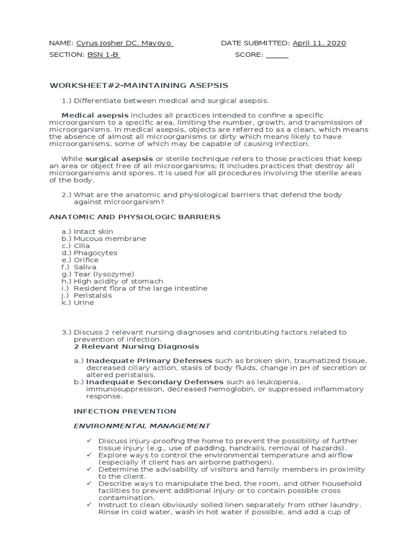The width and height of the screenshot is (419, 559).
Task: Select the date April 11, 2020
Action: pos(319,44)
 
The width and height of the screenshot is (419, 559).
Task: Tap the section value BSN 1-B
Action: pos(103,55)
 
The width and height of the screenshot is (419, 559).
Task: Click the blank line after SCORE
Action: pos(277,55)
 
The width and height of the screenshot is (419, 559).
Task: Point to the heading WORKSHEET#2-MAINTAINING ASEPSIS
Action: pos(139,86)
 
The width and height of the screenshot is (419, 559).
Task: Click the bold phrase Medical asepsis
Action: pos(95,116)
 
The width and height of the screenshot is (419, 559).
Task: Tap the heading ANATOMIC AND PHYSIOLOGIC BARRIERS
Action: pos(135,217)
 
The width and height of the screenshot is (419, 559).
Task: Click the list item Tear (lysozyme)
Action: pos(104,274)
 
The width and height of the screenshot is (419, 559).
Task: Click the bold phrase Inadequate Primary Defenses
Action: pos(149,361)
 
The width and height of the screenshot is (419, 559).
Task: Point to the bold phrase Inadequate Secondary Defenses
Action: pos(155,382)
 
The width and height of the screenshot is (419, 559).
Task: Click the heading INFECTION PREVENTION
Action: pos(125,411)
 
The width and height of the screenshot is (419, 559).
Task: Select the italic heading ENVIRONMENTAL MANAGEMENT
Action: pos(142,426)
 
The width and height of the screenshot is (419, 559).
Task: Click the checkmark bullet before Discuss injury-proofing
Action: pos(89,441)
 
